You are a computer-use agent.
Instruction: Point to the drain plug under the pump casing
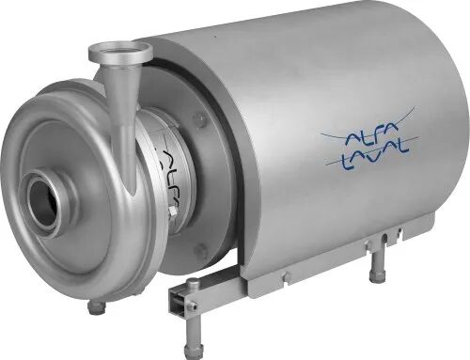[97, 307]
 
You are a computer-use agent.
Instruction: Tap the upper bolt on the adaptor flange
[198, 117]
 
